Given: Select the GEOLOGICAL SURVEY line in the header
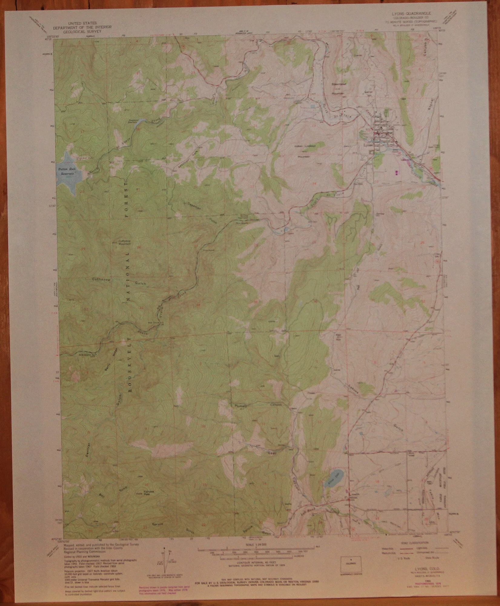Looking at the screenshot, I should (82, 31).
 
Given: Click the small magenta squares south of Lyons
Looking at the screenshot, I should (397, 173).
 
